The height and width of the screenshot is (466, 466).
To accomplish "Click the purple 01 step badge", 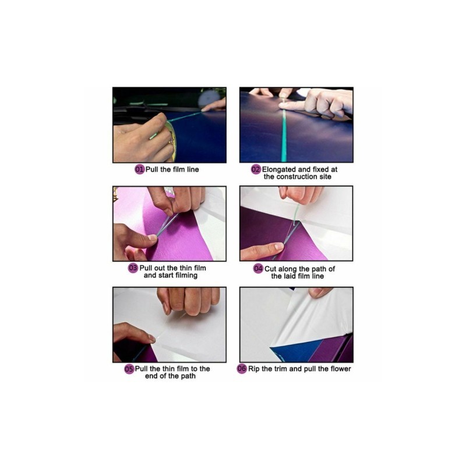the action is pyautogui.click(x=139, y=170).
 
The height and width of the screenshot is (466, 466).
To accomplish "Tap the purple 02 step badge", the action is pyautogui.click(x=256, y=170).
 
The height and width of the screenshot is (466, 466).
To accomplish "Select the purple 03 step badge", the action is pyautogui.click(x=133, y=268).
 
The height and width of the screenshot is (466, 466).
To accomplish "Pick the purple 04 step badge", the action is pyautogui.click(x=258, y=269).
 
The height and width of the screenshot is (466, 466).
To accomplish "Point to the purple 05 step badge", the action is pyautogui.click(x=129, y=369).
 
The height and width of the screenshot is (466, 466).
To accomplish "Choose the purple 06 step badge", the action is pyautogui.click(x=242, y=369).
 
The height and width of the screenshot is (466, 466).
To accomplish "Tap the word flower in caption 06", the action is pyautogui.click(x=341, y=369).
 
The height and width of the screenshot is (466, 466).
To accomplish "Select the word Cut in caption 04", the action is pyautogui.click(x=270, y=269).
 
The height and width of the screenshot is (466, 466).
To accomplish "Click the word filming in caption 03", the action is pyautogui.click(x=186, y=276).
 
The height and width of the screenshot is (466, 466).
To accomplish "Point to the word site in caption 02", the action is pyautogui.click(x=326, y=177).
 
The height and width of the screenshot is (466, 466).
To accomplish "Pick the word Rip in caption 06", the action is pyautogui.click(x=254, y=369).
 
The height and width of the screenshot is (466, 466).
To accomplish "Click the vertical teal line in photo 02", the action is pyautogui.click(x=284, y=136).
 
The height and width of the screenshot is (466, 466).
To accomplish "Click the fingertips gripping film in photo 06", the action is pyautogui.click(x=320, y=292).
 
